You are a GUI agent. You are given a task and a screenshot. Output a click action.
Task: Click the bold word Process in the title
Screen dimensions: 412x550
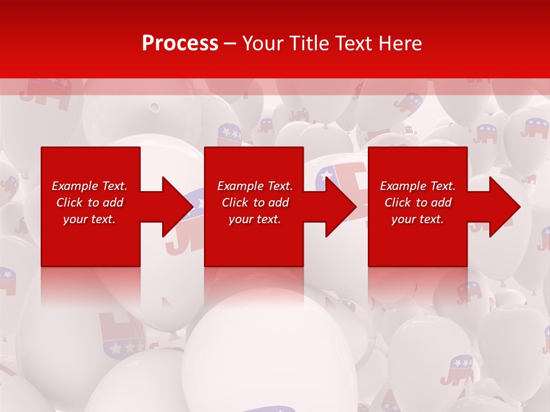(180, 43)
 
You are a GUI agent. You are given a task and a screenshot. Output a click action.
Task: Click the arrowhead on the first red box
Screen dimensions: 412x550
(175, 207)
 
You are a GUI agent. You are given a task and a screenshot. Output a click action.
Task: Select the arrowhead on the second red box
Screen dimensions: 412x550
(339, 207)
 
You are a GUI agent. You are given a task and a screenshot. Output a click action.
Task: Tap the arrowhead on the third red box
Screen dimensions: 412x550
(502, 207)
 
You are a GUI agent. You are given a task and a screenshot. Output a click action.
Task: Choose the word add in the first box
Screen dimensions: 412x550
(113, 203)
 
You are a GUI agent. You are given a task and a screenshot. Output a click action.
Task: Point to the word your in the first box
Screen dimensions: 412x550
(74, 219)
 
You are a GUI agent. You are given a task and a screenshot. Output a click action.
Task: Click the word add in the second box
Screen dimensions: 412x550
(278, 203)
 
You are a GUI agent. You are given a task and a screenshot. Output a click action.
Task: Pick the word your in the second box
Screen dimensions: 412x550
(240, 219)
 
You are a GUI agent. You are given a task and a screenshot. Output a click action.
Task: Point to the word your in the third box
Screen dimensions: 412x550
(403, 219)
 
